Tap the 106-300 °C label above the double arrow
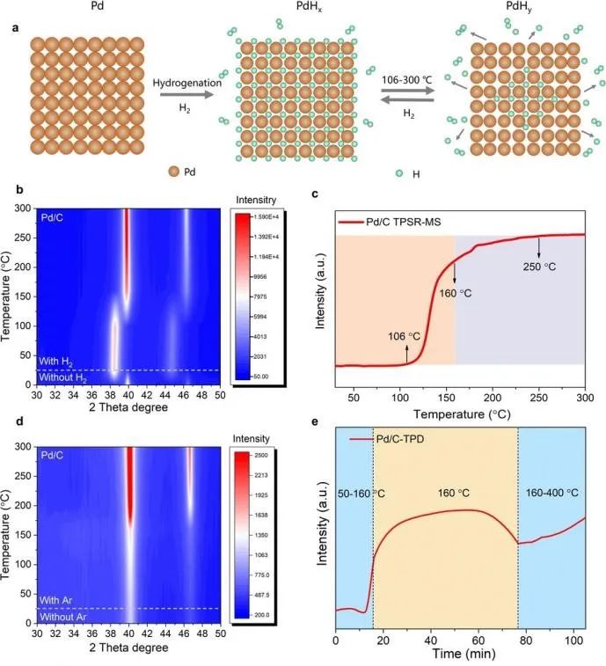coord(409,79)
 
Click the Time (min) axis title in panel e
coord(461,655)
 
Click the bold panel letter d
coord(18,430)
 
